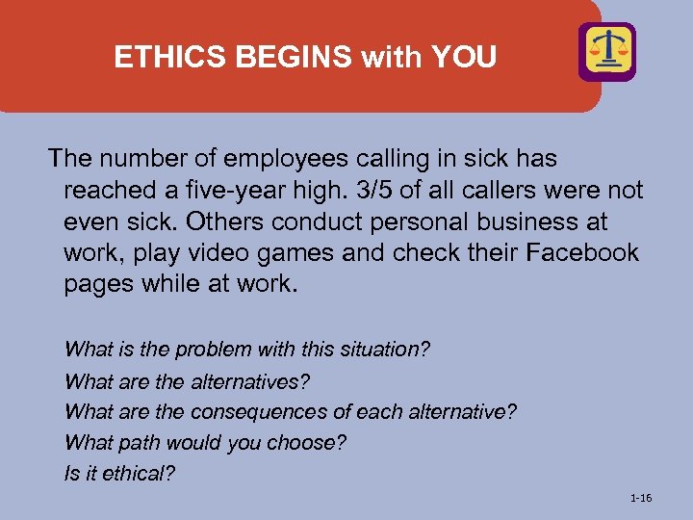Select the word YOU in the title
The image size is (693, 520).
pos(465,58)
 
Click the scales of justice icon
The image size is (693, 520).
pos(606,51)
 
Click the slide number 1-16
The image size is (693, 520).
pos(640,498)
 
